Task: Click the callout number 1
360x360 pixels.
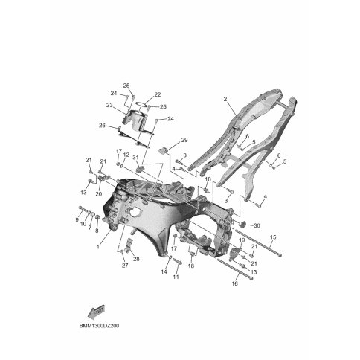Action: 98,247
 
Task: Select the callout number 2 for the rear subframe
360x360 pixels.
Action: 225,99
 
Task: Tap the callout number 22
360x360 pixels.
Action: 158,94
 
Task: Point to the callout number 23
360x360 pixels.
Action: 109,105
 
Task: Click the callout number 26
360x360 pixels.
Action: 102,126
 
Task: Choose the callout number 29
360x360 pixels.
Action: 184,140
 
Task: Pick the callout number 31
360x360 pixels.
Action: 135,158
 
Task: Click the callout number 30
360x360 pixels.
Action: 257,225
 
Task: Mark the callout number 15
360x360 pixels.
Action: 273,237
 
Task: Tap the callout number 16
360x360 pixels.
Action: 234,283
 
